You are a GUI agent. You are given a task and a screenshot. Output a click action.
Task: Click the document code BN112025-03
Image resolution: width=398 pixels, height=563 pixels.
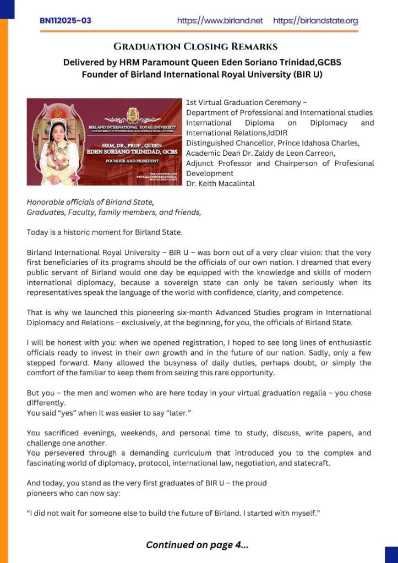coord(66,21)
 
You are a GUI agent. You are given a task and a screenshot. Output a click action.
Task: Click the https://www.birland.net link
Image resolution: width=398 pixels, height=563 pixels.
coord(220,21)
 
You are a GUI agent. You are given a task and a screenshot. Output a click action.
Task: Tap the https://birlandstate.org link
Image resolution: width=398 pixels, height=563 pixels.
coord(315,21)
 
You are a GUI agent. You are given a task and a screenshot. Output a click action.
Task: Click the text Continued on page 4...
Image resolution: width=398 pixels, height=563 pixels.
coord(197,545)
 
